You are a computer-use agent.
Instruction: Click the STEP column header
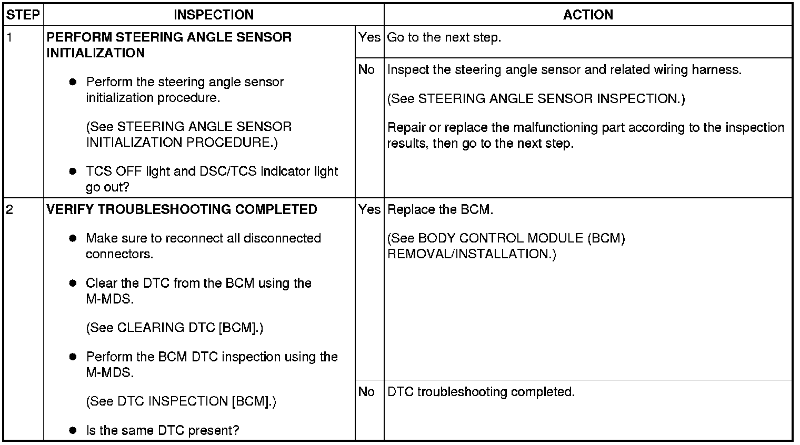point(23,15)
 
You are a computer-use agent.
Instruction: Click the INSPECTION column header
point(214,15)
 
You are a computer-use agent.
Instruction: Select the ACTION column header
point(588,15)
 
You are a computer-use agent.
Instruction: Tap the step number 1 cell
point(9,38)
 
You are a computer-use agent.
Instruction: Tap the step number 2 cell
point(9,209)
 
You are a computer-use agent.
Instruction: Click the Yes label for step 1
point(369,37)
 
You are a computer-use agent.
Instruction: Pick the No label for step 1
point(366,69)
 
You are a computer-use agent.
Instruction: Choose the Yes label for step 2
point(369,209)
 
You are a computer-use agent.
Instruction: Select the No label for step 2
point(366,392)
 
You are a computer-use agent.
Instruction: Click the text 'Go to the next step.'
point(444,38)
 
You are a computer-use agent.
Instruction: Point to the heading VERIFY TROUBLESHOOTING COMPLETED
point(182,209)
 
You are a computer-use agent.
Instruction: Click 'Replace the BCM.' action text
point(440,209)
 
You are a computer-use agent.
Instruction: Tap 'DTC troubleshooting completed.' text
point(481,392)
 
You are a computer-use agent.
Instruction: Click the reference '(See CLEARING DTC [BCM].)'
point(174,328)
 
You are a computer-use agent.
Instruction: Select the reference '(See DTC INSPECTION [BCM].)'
point(181,401)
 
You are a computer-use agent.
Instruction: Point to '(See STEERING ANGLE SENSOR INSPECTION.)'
point(536,99)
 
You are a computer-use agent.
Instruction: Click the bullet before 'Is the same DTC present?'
point(73,431)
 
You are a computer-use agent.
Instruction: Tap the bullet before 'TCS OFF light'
point(73,171)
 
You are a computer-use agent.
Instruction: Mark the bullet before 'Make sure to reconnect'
point(73,238)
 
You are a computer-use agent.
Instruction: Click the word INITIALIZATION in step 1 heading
point(95,53)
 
